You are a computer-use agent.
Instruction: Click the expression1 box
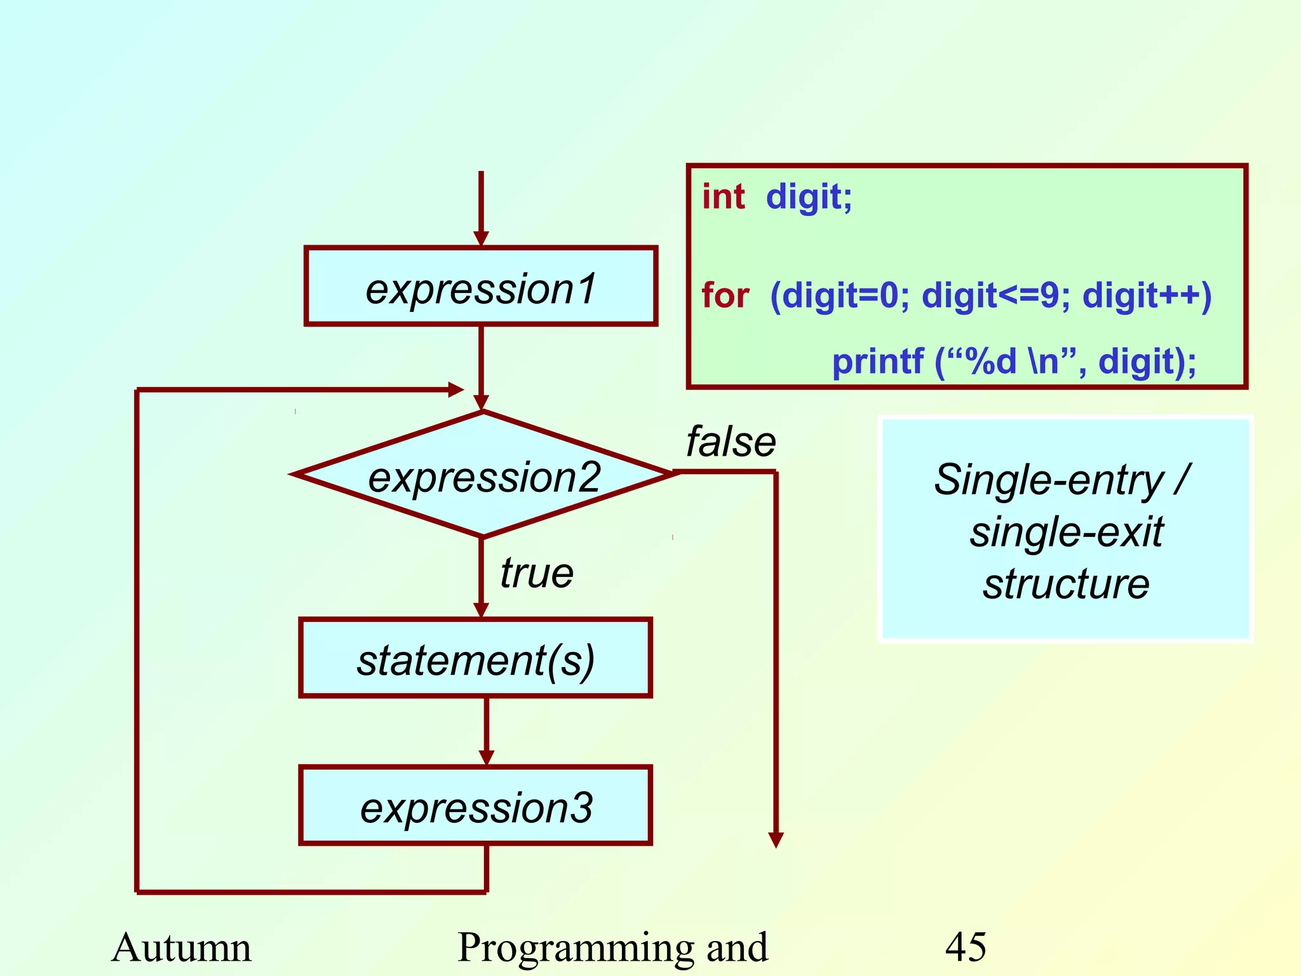481,287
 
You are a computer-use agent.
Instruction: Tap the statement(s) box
476,658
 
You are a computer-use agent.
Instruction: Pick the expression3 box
476,806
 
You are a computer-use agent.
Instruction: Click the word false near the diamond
731,442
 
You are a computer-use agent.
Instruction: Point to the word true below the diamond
537,573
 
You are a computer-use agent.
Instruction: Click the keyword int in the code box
723,196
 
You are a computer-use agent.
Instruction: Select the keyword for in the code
725,295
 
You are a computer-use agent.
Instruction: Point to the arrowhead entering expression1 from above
481,238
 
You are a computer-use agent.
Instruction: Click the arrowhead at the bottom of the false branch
776,839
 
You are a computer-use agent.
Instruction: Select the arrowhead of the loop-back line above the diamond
455,390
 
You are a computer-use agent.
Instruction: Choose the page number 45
965,947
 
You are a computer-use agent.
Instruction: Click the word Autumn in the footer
182,947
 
